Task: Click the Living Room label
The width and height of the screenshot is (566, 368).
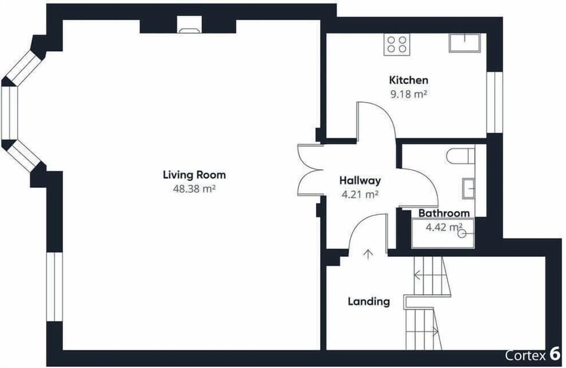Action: [194, 175]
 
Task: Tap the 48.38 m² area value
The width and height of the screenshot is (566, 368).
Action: [194, 188]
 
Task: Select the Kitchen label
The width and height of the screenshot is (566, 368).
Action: [409, 80]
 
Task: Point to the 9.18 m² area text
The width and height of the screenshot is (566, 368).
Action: [409, 95]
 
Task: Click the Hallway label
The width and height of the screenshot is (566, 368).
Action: [360, 180]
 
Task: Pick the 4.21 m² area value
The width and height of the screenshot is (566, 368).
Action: [360, 194]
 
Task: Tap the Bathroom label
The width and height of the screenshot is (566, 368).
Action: [444, 213]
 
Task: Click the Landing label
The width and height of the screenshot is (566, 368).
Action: [369, 301]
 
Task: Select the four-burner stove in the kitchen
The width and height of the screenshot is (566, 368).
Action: [397, 44]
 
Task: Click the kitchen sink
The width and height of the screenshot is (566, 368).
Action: [465, 43]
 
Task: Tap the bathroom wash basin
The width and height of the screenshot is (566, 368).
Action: [468, 188]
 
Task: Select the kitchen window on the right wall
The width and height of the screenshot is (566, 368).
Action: [495, 102]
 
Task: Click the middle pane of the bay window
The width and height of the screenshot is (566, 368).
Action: [10, 113]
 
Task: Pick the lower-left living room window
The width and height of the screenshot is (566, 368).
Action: [54, 286]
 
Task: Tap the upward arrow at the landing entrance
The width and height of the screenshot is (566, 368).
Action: [368, 254]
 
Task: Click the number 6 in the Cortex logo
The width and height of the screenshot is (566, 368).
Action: [554, 354]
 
